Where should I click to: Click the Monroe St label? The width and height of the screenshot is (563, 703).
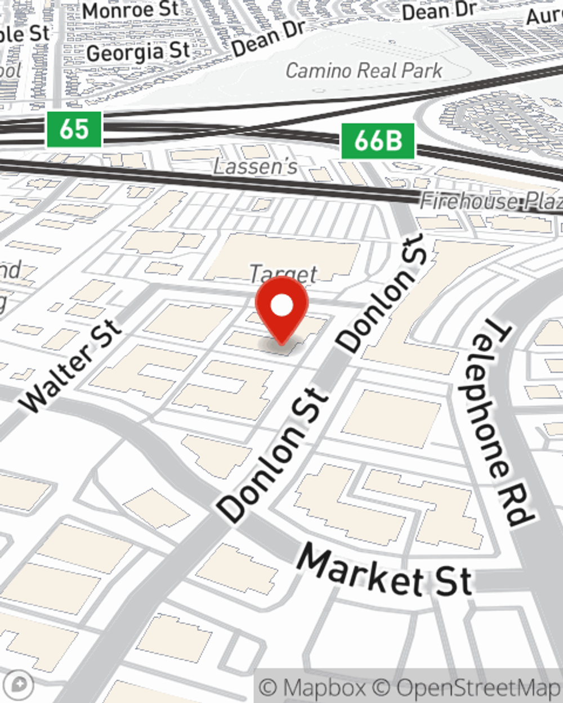(131, 10)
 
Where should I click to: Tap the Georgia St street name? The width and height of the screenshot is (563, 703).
(138, 52)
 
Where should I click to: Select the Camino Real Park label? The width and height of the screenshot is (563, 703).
(364, 71)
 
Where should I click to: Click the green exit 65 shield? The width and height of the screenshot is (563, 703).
(74, 129)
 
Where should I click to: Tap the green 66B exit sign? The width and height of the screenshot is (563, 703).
(378, 141)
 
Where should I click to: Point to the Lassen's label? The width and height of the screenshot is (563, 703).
(256, 166)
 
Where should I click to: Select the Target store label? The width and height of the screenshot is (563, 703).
(284, 274)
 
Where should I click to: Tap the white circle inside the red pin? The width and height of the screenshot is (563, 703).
(282, 307)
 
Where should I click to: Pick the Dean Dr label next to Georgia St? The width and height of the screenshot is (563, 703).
(269, 38)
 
